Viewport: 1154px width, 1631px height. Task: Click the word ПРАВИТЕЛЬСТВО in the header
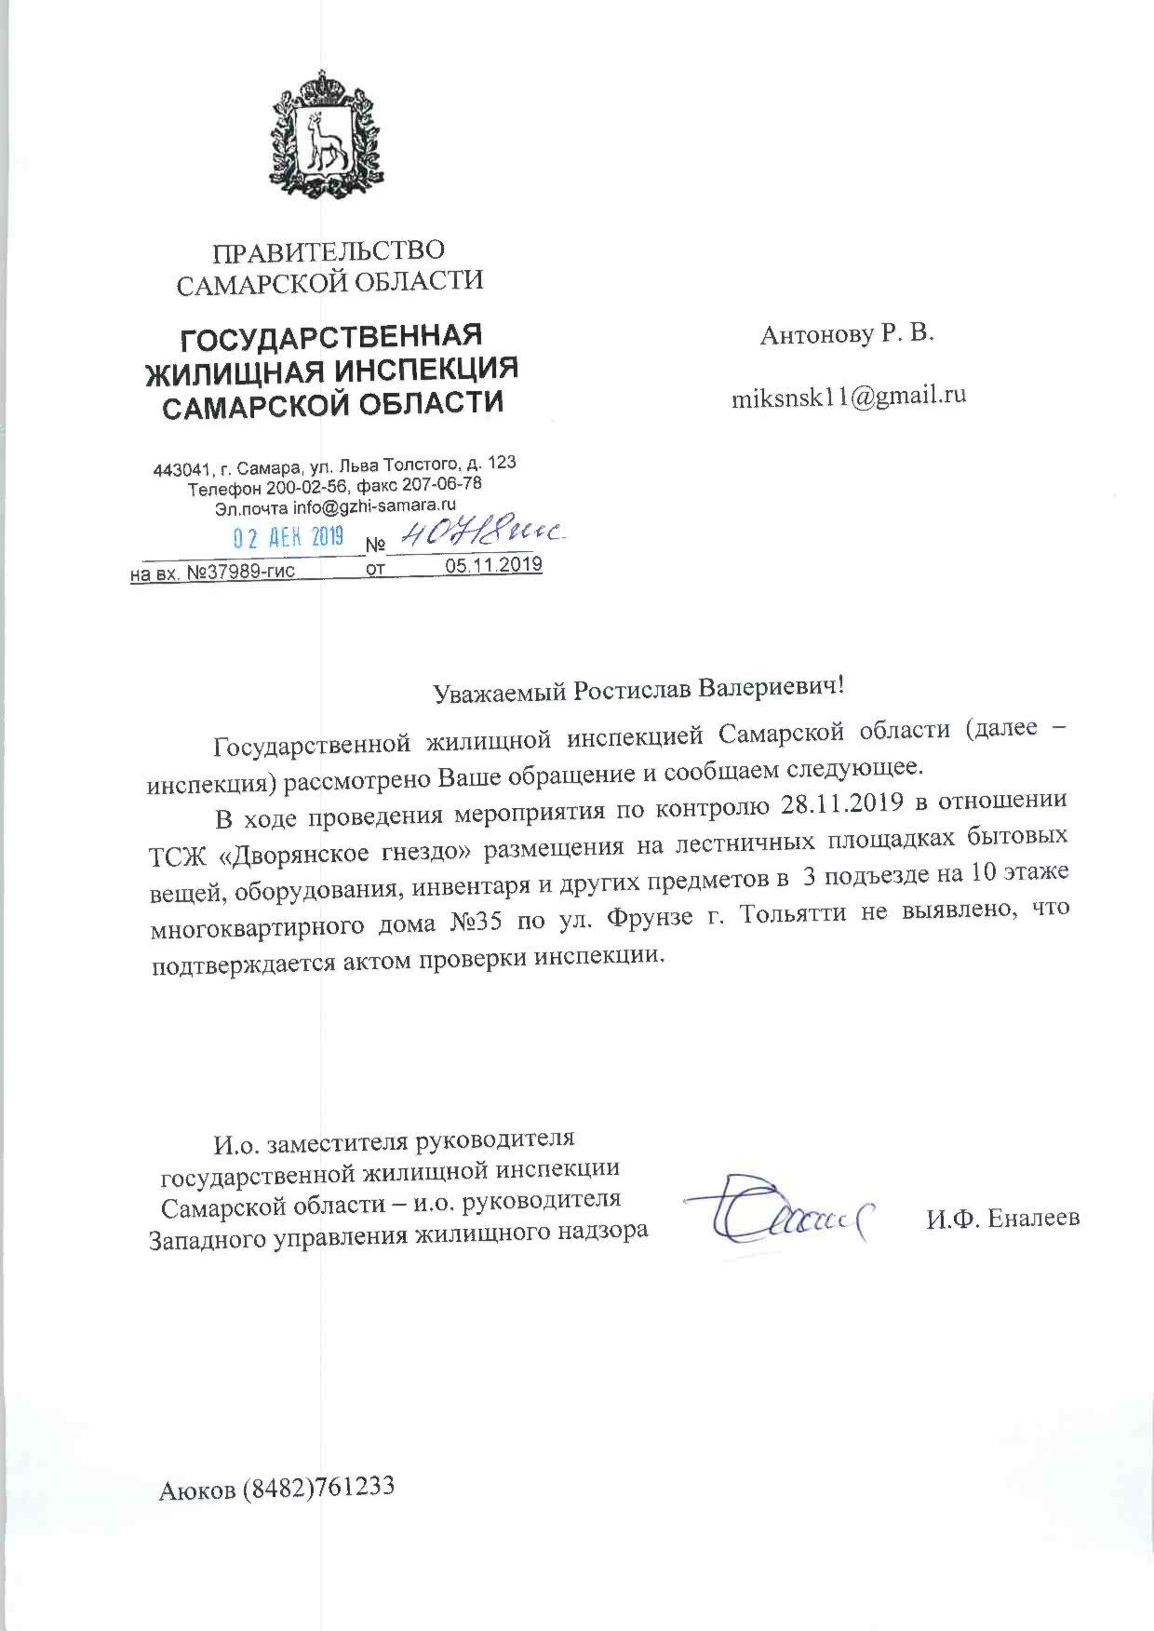pyautogui.click(x=329, y=251)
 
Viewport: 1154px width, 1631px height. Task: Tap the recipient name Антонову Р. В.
pyautogui.click(x=846, y=335)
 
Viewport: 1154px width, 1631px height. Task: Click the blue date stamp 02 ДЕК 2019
pyautogui.click(x=288, y=537)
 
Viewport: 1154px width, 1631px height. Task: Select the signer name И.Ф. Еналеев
pyautogui.click(x=1002, y=1218)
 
